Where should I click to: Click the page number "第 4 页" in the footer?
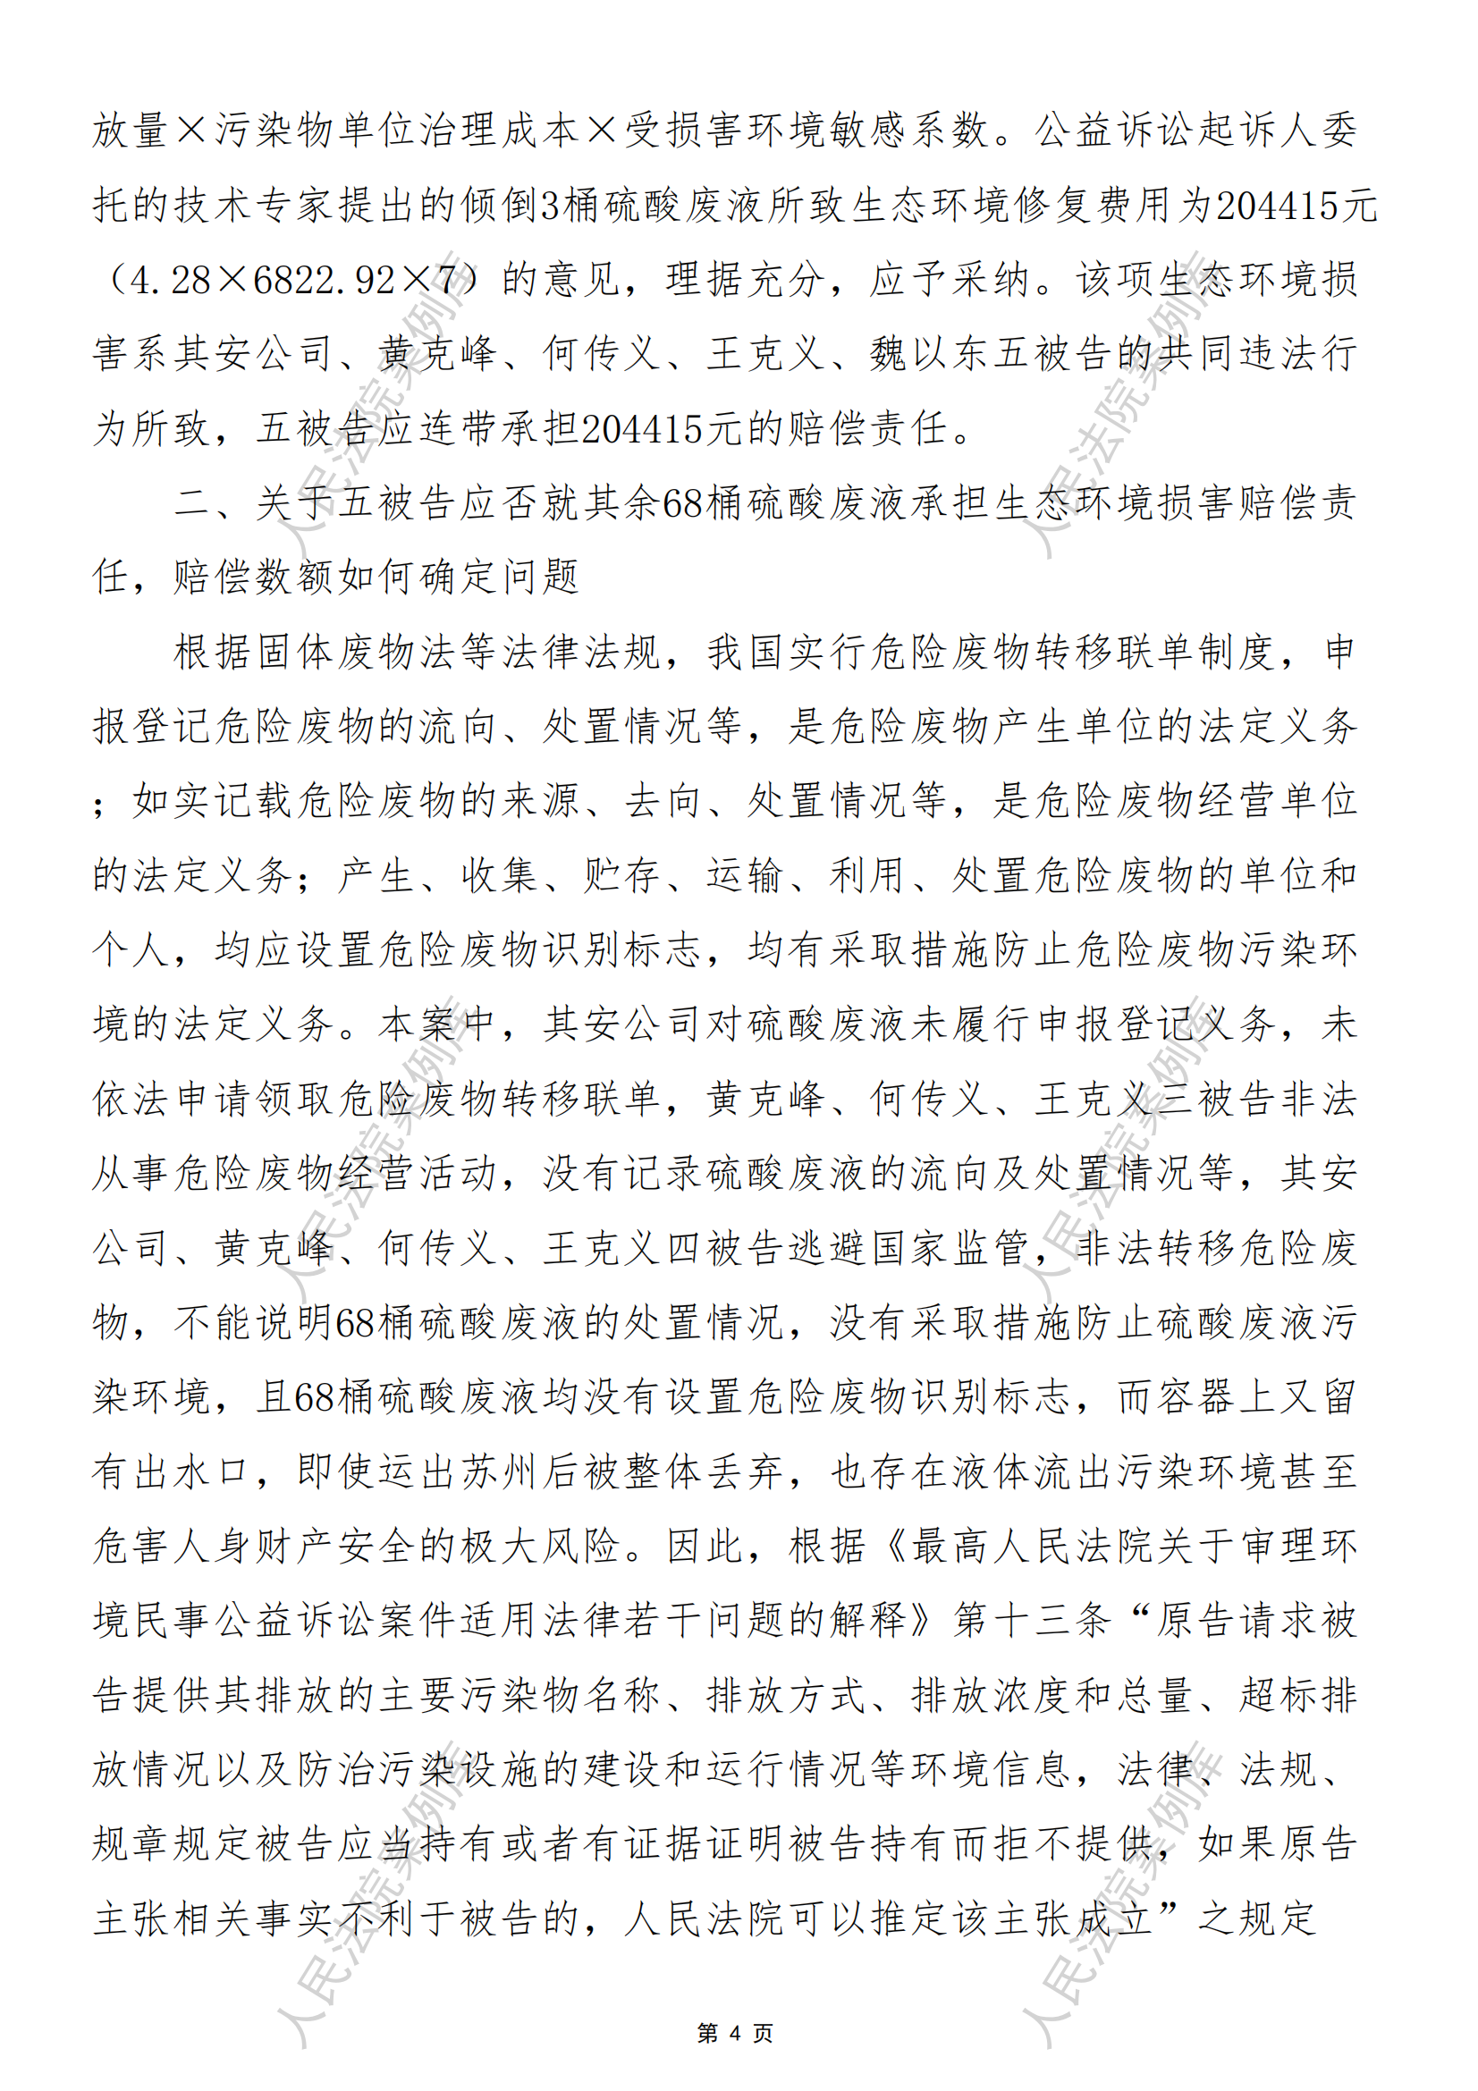click(735, 2033)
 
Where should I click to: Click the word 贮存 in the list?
click(623, 875)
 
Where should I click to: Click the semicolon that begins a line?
click(100, 801)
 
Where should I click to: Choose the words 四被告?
click(725, 1248)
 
